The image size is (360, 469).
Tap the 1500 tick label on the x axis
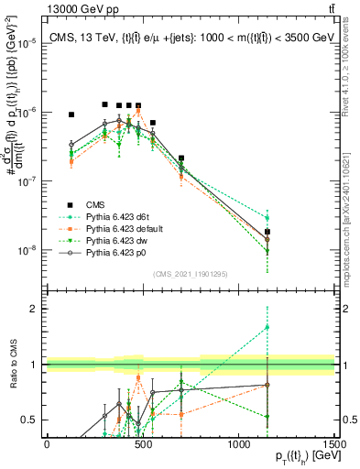[x=334, y=444]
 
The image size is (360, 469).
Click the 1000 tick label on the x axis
[x=238, y=444]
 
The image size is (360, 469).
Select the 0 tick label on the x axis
[x=47, y=444]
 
